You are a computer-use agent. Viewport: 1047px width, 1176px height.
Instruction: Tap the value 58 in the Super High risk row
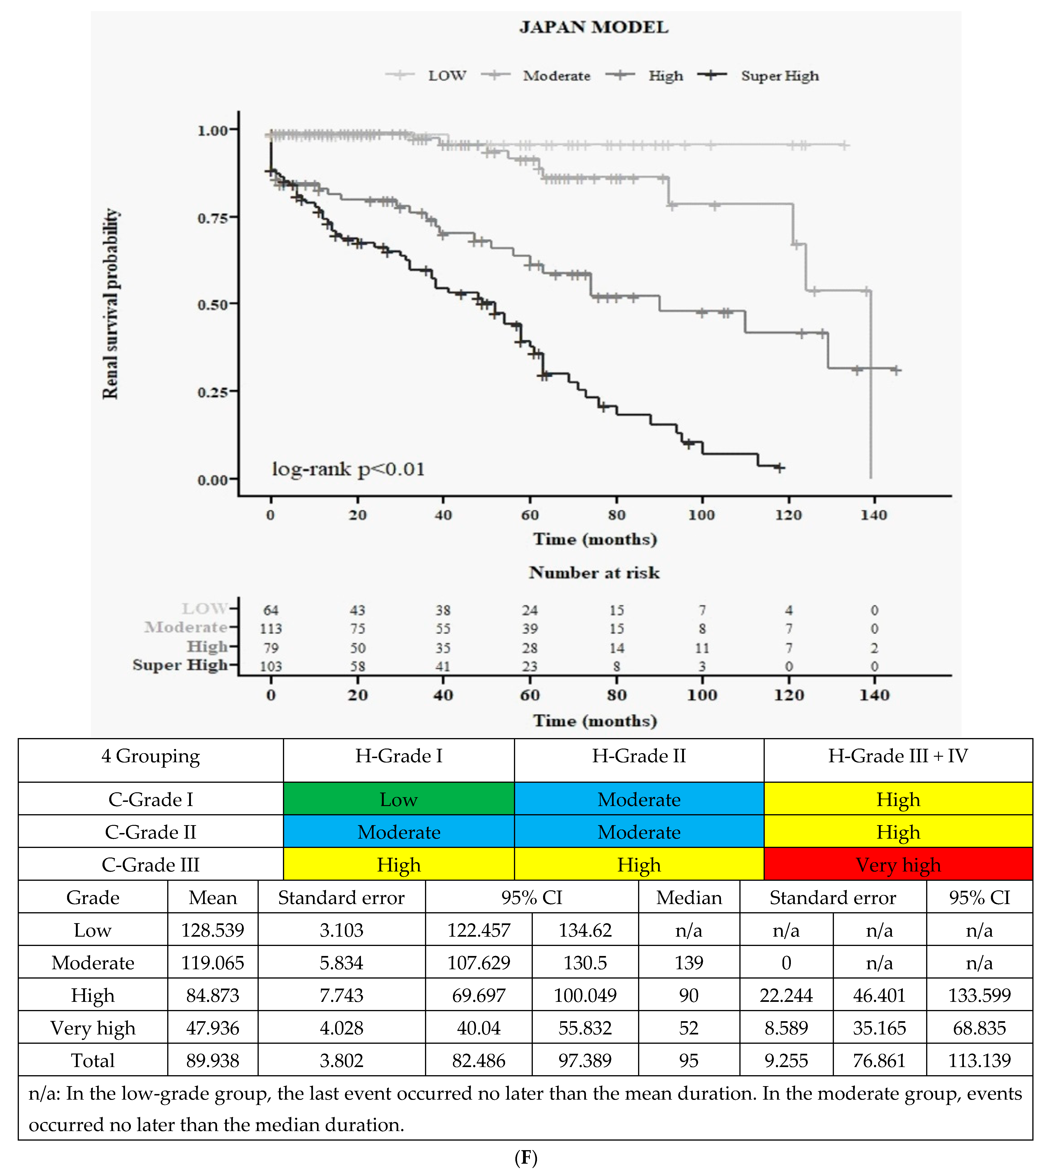click(x=357, y=666)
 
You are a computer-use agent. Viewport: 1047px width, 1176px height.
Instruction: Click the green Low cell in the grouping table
click(x=398, y=799)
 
